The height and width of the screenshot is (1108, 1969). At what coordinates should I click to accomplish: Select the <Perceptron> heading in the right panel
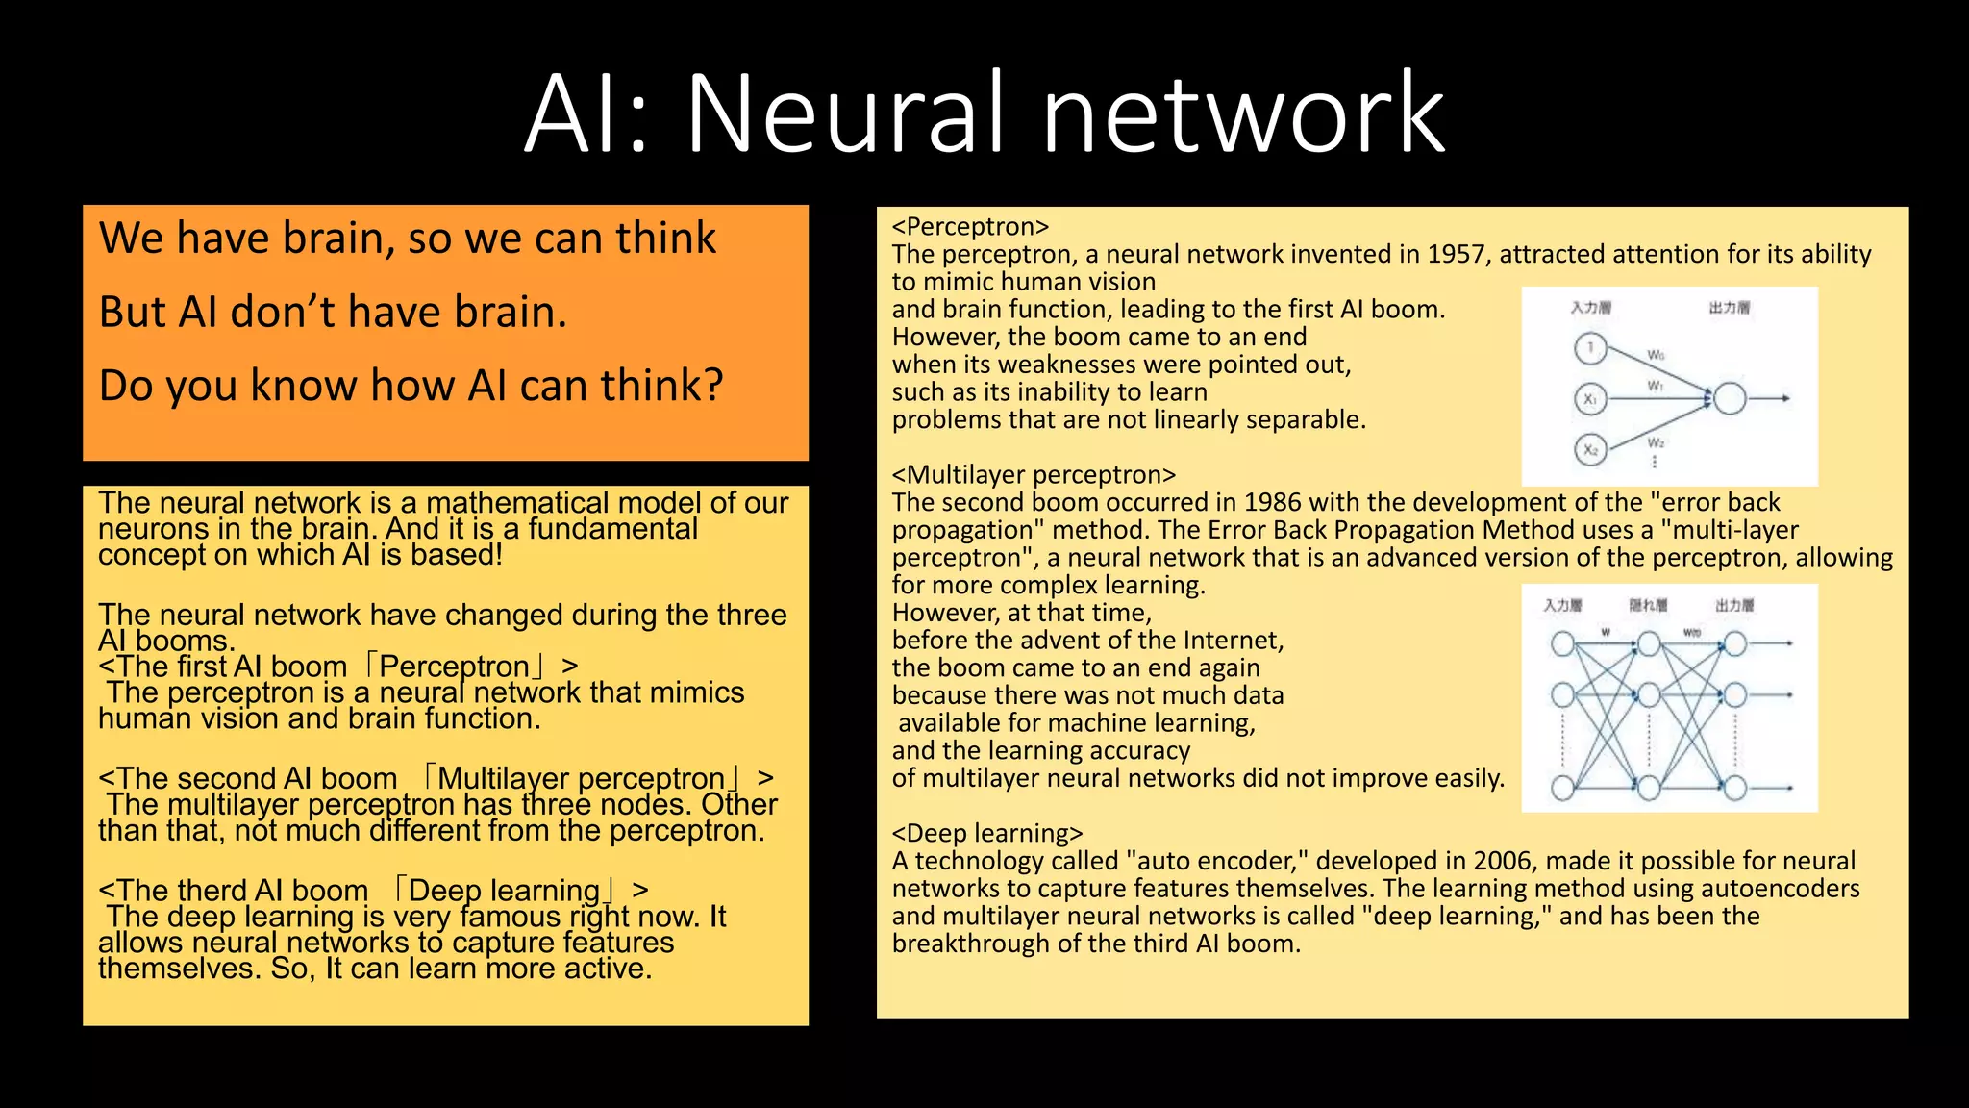970,227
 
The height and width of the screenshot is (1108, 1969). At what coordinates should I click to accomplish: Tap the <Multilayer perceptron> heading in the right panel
1034,475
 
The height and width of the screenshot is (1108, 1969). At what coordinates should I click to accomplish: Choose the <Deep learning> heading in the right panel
987,833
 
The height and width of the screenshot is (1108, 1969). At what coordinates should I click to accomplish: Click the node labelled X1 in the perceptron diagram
1590,399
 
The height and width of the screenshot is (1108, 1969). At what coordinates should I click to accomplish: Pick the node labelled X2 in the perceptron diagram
1590,449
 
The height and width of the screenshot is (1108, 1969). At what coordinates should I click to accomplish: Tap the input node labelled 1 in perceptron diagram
1590,348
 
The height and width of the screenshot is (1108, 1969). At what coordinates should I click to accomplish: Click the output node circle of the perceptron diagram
1730,398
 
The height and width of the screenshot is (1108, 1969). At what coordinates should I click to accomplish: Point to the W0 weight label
1656,355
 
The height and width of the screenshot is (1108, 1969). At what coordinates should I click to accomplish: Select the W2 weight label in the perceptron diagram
1656,442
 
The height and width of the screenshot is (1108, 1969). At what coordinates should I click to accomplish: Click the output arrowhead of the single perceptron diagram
1785,398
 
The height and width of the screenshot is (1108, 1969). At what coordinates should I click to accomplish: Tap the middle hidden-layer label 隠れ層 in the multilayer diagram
1648,605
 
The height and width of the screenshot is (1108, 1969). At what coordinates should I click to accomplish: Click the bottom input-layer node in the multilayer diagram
1563,789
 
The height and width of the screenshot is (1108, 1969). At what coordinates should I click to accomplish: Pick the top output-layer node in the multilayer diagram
1735,643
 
